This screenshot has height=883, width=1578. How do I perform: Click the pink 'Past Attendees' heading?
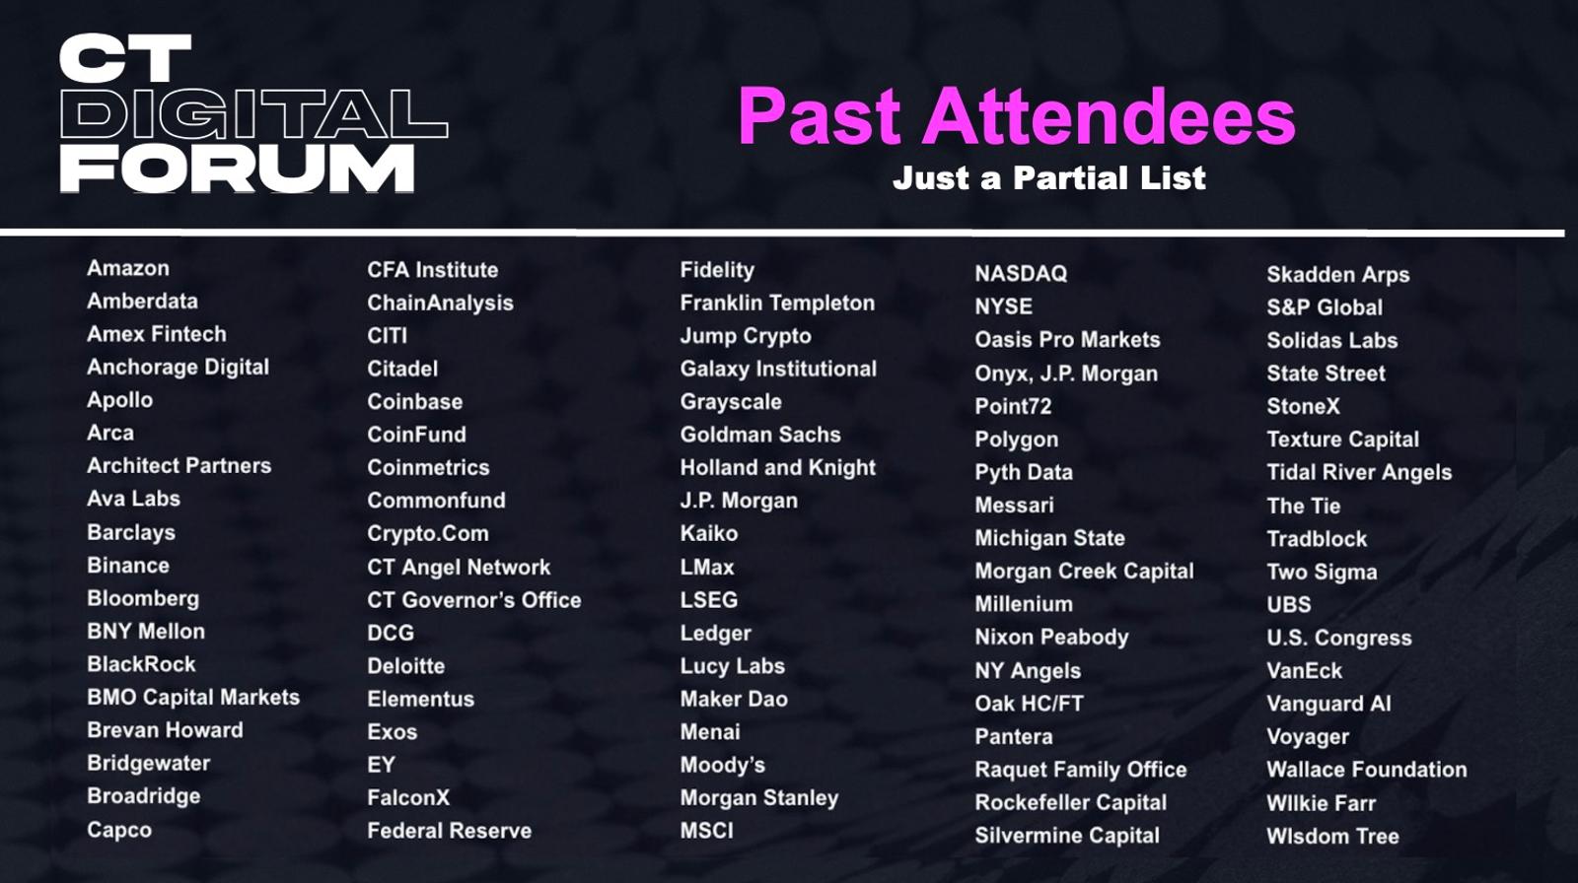tap(1017, 116)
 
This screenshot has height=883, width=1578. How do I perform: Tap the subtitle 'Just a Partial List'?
tap(1049, 178)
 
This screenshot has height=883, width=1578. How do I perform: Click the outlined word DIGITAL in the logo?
tap(254, 113)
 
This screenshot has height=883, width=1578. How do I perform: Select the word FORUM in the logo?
tap(238, 169)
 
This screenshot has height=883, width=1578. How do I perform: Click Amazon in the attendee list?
tap(128, 268)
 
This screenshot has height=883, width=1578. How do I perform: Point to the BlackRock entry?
tap(142, 664)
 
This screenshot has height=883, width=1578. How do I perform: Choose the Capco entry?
tap(119, 830)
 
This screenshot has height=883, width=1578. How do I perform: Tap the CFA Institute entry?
tap(433, 270)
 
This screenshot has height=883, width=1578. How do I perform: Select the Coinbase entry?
tap(415, 401)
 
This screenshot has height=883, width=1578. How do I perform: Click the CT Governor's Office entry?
tap(474, 600)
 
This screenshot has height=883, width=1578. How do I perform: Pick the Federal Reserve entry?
tap(450, 831)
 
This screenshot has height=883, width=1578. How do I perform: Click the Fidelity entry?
tap(717, 270)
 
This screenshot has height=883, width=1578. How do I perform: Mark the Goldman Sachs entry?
tap(760, 435)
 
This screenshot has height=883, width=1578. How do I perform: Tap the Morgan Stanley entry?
tap(759, 798)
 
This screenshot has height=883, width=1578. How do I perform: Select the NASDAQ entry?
tap(1022, 273)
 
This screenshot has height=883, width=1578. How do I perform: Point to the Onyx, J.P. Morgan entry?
tap(1066, 374)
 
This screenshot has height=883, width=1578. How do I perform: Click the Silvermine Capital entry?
tap(1067, 836)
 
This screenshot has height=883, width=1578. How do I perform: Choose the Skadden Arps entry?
tap(1338, 275)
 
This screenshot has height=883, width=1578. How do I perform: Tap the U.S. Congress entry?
tap(1339, 638)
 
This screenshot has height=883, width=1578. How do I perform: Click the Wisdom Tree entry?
tap(1332, 837)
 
